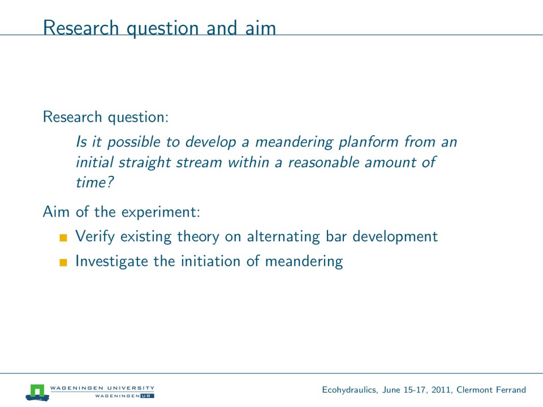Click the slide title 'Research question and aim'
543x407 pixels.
coord(160,28)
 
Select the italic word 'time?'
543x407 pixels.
coord(92,183)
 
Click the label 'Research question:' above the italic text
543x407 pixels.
coord(105,117)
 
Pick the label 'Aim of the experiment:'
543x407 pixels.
coord(122,213)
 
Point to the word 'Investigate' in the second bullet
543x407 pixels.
coord(109,261)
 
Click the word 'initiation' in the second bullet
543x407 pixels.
coord(210,261)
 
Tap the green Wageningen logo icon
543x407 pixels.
coord(37,391)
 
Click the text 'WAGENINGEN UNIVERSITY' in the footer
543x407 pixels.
coord(102,388)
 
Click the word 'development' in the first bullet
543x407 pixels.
coord(395,236)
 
